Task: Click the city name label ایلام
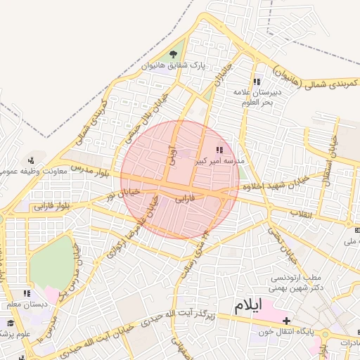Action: click(247, 305)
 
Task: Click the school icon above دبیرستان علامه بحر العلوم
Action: click(257, 80)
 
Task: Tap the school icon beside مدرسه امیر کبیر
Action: click(219, 149)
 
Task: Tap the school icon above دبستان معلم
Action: click(27, 293)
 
